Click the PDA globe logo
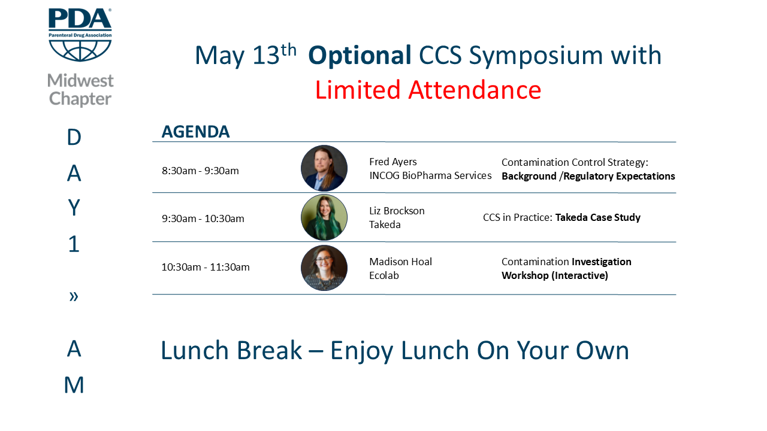(x=80, y=35)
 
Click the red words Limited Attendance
(x=428, y=90)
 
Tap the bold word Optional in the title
(x=360, y=56)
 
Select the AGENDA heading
(x=195, y=132)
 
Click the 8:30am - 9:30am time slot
(x=200, y=171)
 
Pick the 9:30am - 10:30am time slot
(x=203, y=218)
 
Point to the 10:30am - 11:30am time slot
(x=206, y=267)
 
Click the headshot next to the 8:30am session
(x=324, y=168)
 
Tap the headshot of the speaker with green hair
(x=324, y=217)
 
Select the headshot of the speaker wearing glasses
(x=324, y=268)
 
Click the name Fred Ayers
(x=393, y=162)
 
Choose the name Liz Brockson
(x=397, y=211)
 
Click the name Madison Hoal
(x=401, y=262)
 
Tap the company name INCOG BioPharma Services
(x=430, y=175)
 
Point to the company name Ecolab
(x=384, y=275)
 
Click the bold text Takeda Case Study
(x=598, y=217)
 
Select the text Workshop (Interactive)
(x=555, y=276)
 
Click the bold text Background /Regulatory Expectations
(x=588, y=176)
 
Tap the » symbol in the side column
(x=74, y=296)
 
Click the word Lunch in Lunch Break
(x=195, y=350)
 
